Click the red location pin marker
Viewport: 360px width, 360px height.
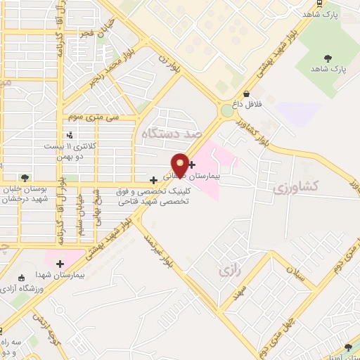click(x=181, y=164)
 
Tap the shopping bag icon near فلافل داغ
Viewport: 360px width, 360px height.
click(x=247, y=94)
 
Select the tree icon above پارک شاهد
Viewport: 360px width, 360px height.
click(x=328, y=58)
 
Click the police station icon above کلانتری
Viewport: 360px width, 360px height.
click(x=69, y=134)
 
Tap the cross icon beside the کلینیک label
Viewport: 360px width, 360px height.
click(x=153, y=180)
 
